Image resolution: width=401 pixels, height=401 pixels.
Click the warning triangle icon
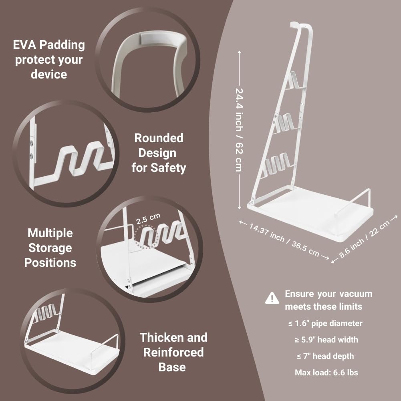(x=272, y=298)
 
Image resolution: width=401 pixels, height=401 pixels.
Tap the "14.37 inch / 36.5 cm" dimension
(x=284, y=240)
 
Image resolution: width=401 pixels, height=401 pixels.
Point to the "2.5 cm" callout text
(x=148, y=219)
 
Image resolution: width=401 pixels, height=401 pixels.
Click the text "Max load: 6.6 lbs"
(x=326, y=373)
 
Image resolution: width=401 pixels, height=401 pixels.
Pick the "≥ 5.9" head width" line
(x=326, y=340)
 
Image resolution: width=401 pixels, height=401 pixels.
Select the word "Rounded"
(x=159, y=138)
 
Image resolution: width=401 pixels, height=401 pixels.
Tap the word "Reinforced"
(x=173, y=353)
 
